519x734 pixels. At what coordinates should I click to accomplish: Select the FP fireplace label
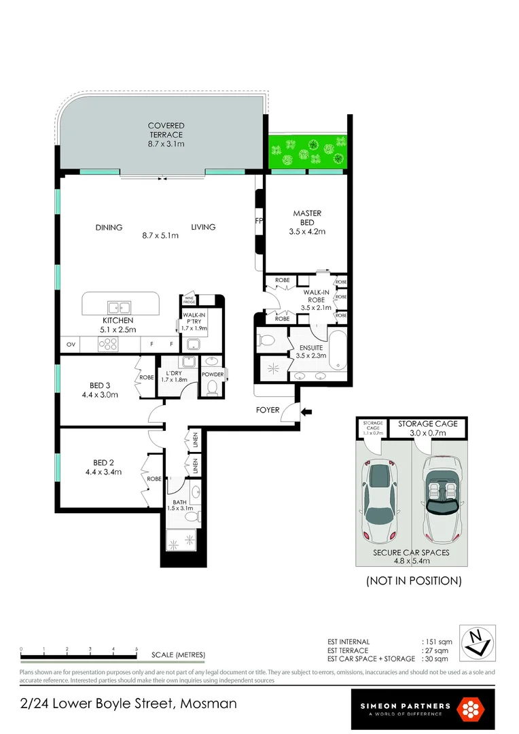click(259, 221)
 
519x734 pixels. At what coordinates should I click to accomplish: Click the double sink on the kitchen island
click(115, 307)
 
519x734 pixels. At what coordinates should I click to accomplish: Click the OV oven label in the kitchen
click(71, 345)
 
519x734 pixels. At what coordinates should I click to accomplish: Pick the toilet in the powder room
click(211, 387)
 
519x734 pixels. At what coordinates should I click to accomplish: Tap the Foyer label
click(267, 410)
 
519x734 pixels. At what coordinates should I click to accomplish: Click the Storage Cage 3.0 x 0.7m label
click(427, 427)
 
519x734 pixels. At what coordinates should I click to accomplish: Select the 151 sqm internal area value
click(435, 642)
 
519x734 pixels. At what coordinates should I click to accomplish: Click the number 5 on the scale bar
click(137, 649)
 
